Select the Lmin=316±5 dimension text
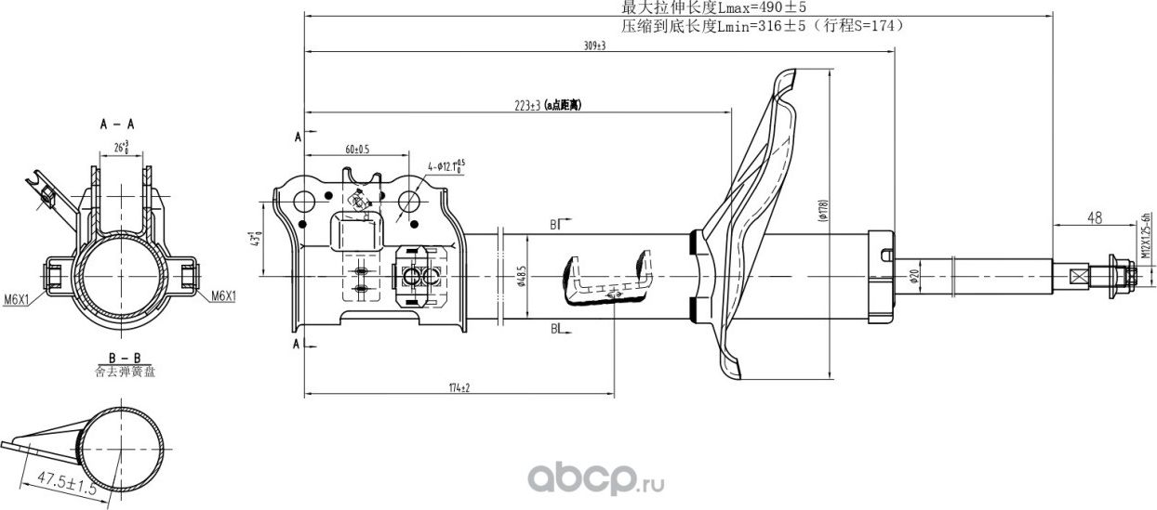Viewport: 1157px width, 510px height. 763,27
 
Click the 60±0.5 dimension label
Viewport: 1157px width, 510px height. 357,149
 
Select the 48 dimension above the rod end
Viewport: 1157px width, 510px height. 1094,217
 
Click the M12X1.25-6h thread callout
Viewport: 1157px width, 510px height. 1145,238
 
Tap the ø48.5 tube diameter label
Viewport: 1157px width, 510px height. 523,277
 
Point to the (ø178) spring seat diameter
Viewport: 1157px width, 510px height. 822,213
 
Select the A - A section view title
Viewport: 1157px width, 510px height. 117,123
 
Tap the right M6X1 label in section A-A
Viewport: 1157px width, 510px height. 223,296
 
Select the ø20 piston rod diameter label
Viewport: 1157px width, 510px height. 913,277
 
